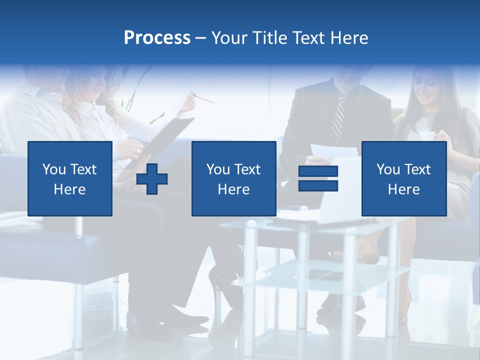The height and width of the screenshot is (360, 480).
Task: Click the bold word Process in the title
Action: click(x=157, y=38)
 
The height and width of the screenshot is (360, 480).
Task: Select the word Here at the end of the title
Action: click(x=349, y=38)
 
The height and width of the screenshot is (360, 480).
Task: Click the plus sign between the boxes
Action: click(x=152, y=179)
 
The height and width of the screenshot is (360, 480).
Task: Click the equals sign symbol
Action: click(x=318, y=178)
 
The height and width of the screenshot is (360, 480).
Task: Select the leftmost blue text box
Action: click(x=70, y=178)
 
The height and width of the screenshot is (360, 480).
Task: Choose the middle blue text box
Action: click(x=233, y=178)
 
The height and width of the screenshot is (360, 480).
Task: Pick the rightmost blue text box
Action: click(x=403, y=178)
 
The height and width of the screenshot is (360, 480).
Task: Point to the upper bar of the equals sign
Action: click(x=318, y=171)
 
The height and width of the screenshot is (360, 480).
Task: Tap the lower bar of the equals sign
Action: click(x=318, y=185)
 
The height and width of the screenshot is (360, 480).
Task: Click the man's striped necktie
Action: click(x=339, y=118)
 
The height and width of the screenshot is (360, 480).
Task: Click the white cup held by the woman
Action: click(x=426, y=136)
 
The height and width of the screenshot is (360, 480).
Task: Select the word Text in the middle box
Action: click(x=247, y=169)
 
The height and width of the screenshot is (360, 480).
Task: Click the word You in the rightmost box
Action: click(x=387, y=169)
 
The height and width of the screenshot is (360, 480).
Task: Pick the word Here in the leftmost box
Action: click(x=70, y=189)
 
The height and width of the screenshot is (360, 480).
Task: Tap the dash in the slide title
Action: click(x=201, y=38)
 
